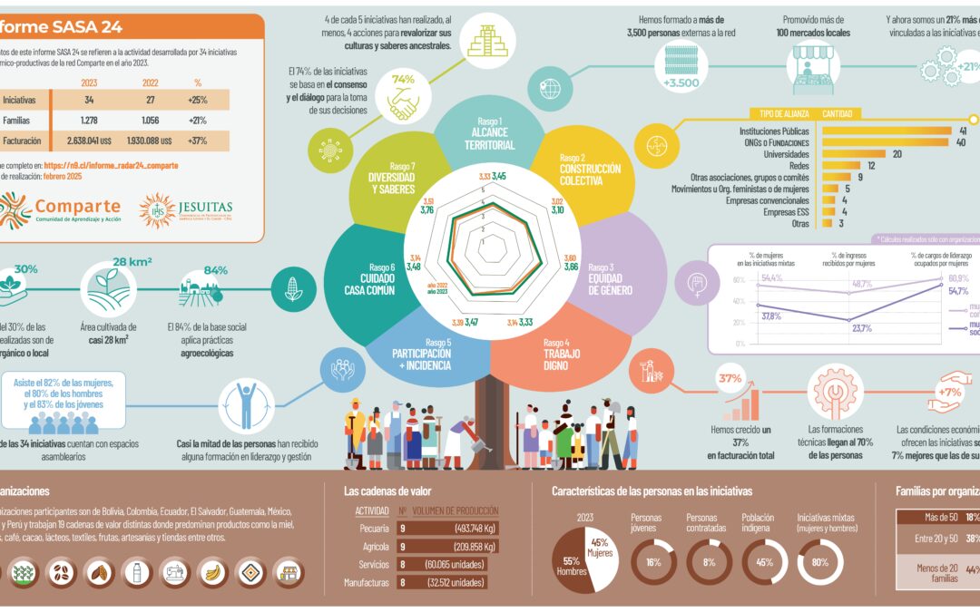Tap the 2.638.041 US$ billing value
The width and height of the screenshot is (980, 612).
click(83, 141)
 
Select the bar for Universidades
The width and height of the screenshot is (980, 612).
click(853, 154)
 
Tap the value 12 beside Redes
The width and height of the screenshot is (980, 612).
click(870, 166)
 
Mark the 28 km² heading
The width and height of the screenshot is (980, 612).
click(132, 263)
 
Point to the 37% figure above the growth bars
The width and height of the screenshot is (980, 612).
click(730, 378)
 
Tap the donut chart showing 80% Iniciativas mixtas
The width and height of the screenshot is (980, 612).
click(819, 562)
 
